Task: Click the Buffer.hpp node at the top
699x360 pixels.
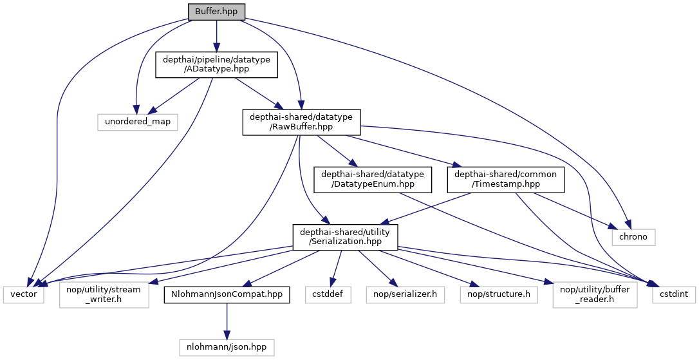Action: point(216,11)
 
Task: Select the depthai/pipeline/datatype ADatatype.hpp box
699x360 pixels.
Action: point(216,65)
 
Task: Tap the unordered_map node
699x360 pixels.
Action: point(138,121)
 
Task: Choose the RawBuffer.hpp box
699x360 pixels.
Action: point(301,122)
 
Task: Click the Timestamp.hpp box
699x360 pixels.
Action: point(506,180)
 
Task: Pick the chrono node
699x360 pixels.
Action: point(633,237)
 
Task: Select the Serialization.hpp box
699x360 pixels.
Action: point(345,237)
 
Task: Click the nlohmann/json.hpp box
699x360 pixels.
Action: point(227,347)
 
